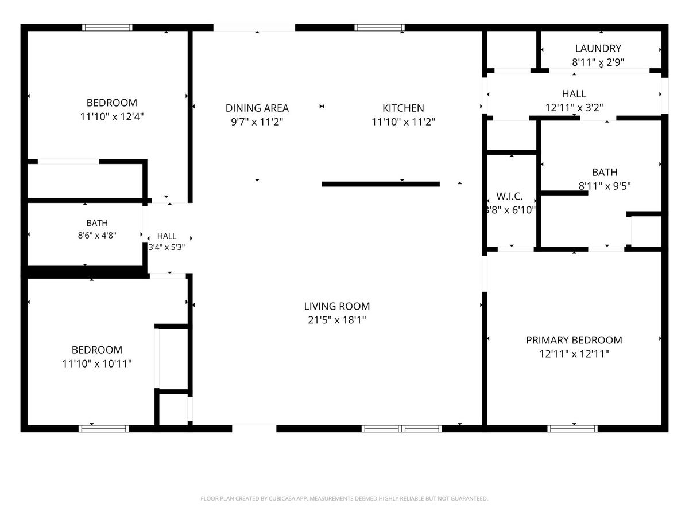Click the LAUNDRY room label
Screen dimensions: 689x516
598,49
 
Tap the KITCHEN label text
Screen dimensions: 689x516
403,108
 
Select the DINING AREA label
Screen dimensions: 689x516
257,108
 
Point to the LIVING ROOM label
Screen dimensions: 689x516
337,306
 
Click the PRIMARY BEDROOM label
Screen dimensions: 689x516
574,340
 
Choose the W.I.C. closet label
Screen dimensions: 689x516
509,197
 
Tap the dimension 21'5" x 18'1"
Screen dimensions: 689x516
337,320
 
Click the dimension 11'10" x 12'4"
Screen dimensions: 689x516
112,116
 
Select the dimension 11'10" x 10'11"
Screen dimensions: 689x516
96,363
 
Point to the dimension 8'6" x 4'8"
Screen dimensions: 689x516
97,235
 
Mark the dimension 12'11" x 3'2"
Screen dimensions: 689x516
574,108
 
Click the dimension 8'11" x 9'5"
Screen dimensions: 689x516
605,186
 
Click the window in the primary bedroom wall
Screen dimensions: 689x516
572,429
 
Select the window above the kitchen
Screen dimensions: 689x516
379,28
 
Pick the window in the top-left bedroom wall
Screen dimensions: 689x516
107,28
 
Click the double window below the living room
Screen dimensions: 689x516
401,429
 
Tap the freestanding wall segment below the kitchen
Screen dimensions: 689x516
381,184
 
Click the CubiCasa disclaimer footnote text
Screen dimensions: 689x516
344,498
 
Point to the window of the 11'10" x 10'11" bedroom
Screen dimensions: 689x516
103,429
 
